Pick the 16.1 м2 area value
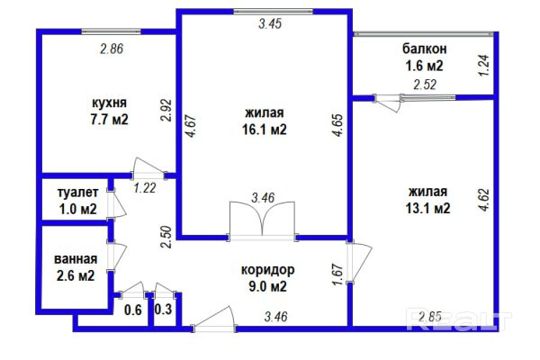pyautogui.click(x=265, y=129)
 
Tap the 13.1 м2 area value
pyautogui.click(x=428, y=208)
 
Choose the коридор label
pyautogui.click(x=267, y=270)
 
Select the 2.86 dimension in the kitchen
pyautogui.click(x=111, y=49)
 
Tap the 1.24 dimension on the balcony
pyautogui.click(x=483, y=67)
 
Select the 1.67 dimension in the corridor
pyautogui.click(x=337, y=273)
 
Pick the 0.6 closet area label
pyautogui.click(x=133, y=310)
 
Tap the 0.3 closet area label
pyautogui.click(x=164, y=310)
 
